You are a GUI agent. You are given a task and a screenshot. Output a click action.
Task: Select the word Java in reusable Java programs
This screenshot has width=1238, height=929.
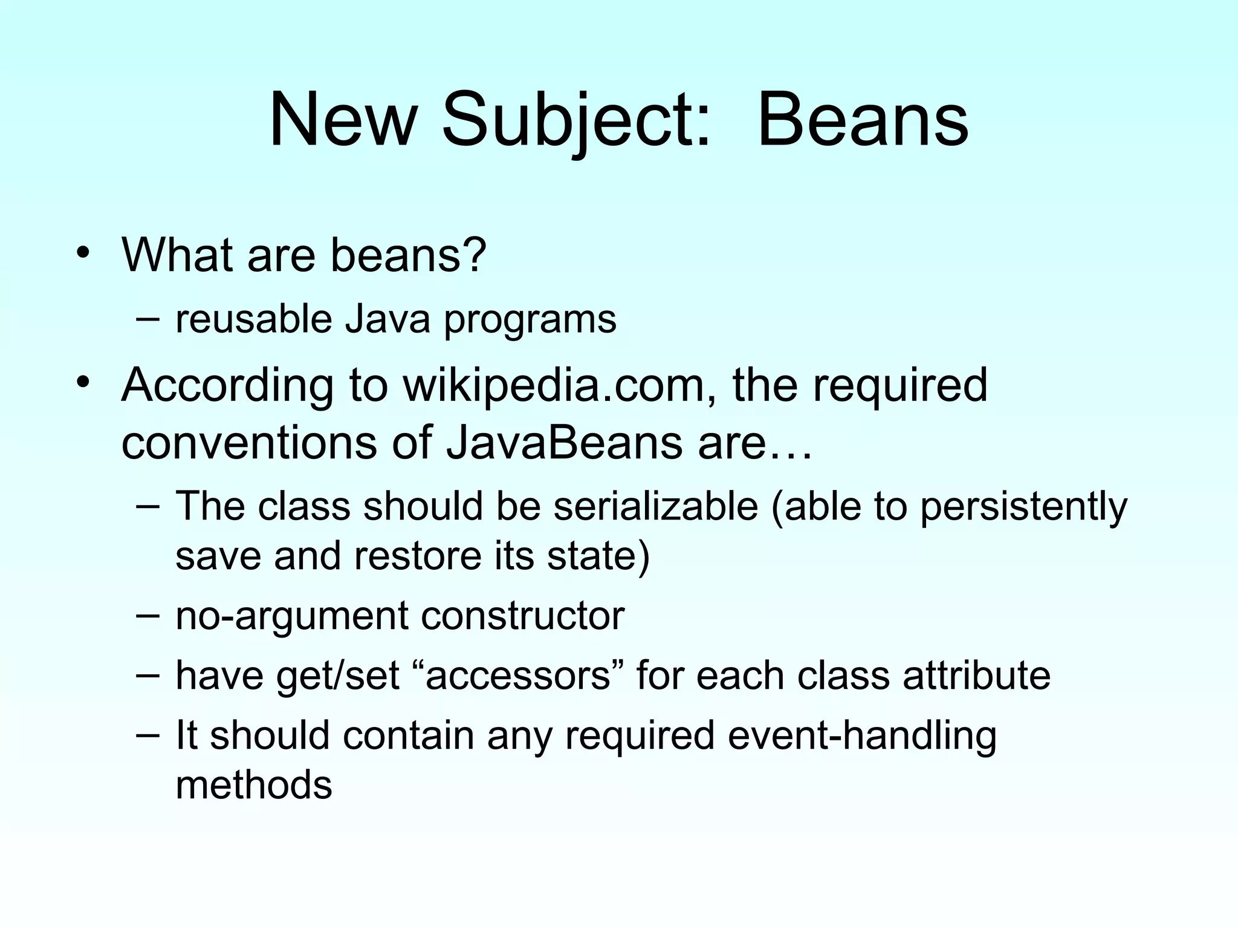coord(387,319)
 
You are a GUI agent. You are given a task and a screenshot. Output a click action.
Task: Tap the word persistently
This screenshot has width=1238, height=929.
coord(1023,507)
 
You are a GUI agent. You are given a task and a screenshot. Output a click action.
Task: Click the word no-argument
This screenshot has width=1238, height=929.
coord(291,617)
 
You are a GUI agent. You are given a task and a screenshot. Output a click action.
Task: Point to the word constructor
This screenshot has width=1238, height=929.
coord(522,616)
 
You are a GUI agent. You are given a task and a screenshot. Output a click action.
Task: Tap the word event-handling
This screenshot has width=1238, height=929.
coord(862,736)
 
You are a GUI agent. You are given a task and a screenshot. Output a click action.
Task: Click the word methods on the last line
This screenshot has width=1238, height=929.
coord(254,784)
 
